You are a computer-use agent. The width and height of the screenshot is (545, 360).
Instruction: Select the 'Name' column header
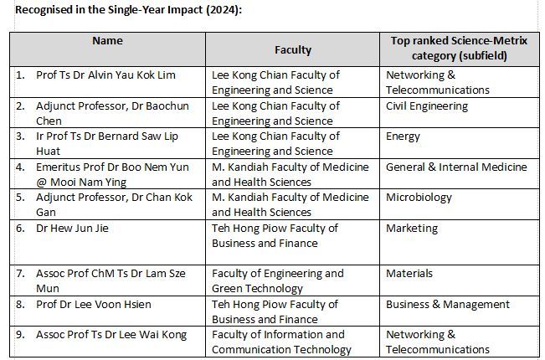pyautogui.click(x=107, y=40)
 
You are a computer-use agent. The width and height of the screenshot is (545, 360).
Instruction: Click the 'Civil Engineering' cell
pyautogui.click(x=426, y=106)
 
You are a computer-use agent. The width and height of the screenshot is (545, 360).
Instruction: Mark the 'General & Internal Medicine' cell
pyautogui.click(x=456, y=167)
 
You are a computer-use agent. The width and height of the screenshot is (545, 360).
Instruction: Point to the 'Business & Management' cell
pyautogui.click(x=447, y=304)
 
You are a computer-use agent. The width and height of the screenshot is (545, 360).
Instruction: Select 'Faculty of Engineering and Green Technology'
pyautogui.click(x=278, y=280)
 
